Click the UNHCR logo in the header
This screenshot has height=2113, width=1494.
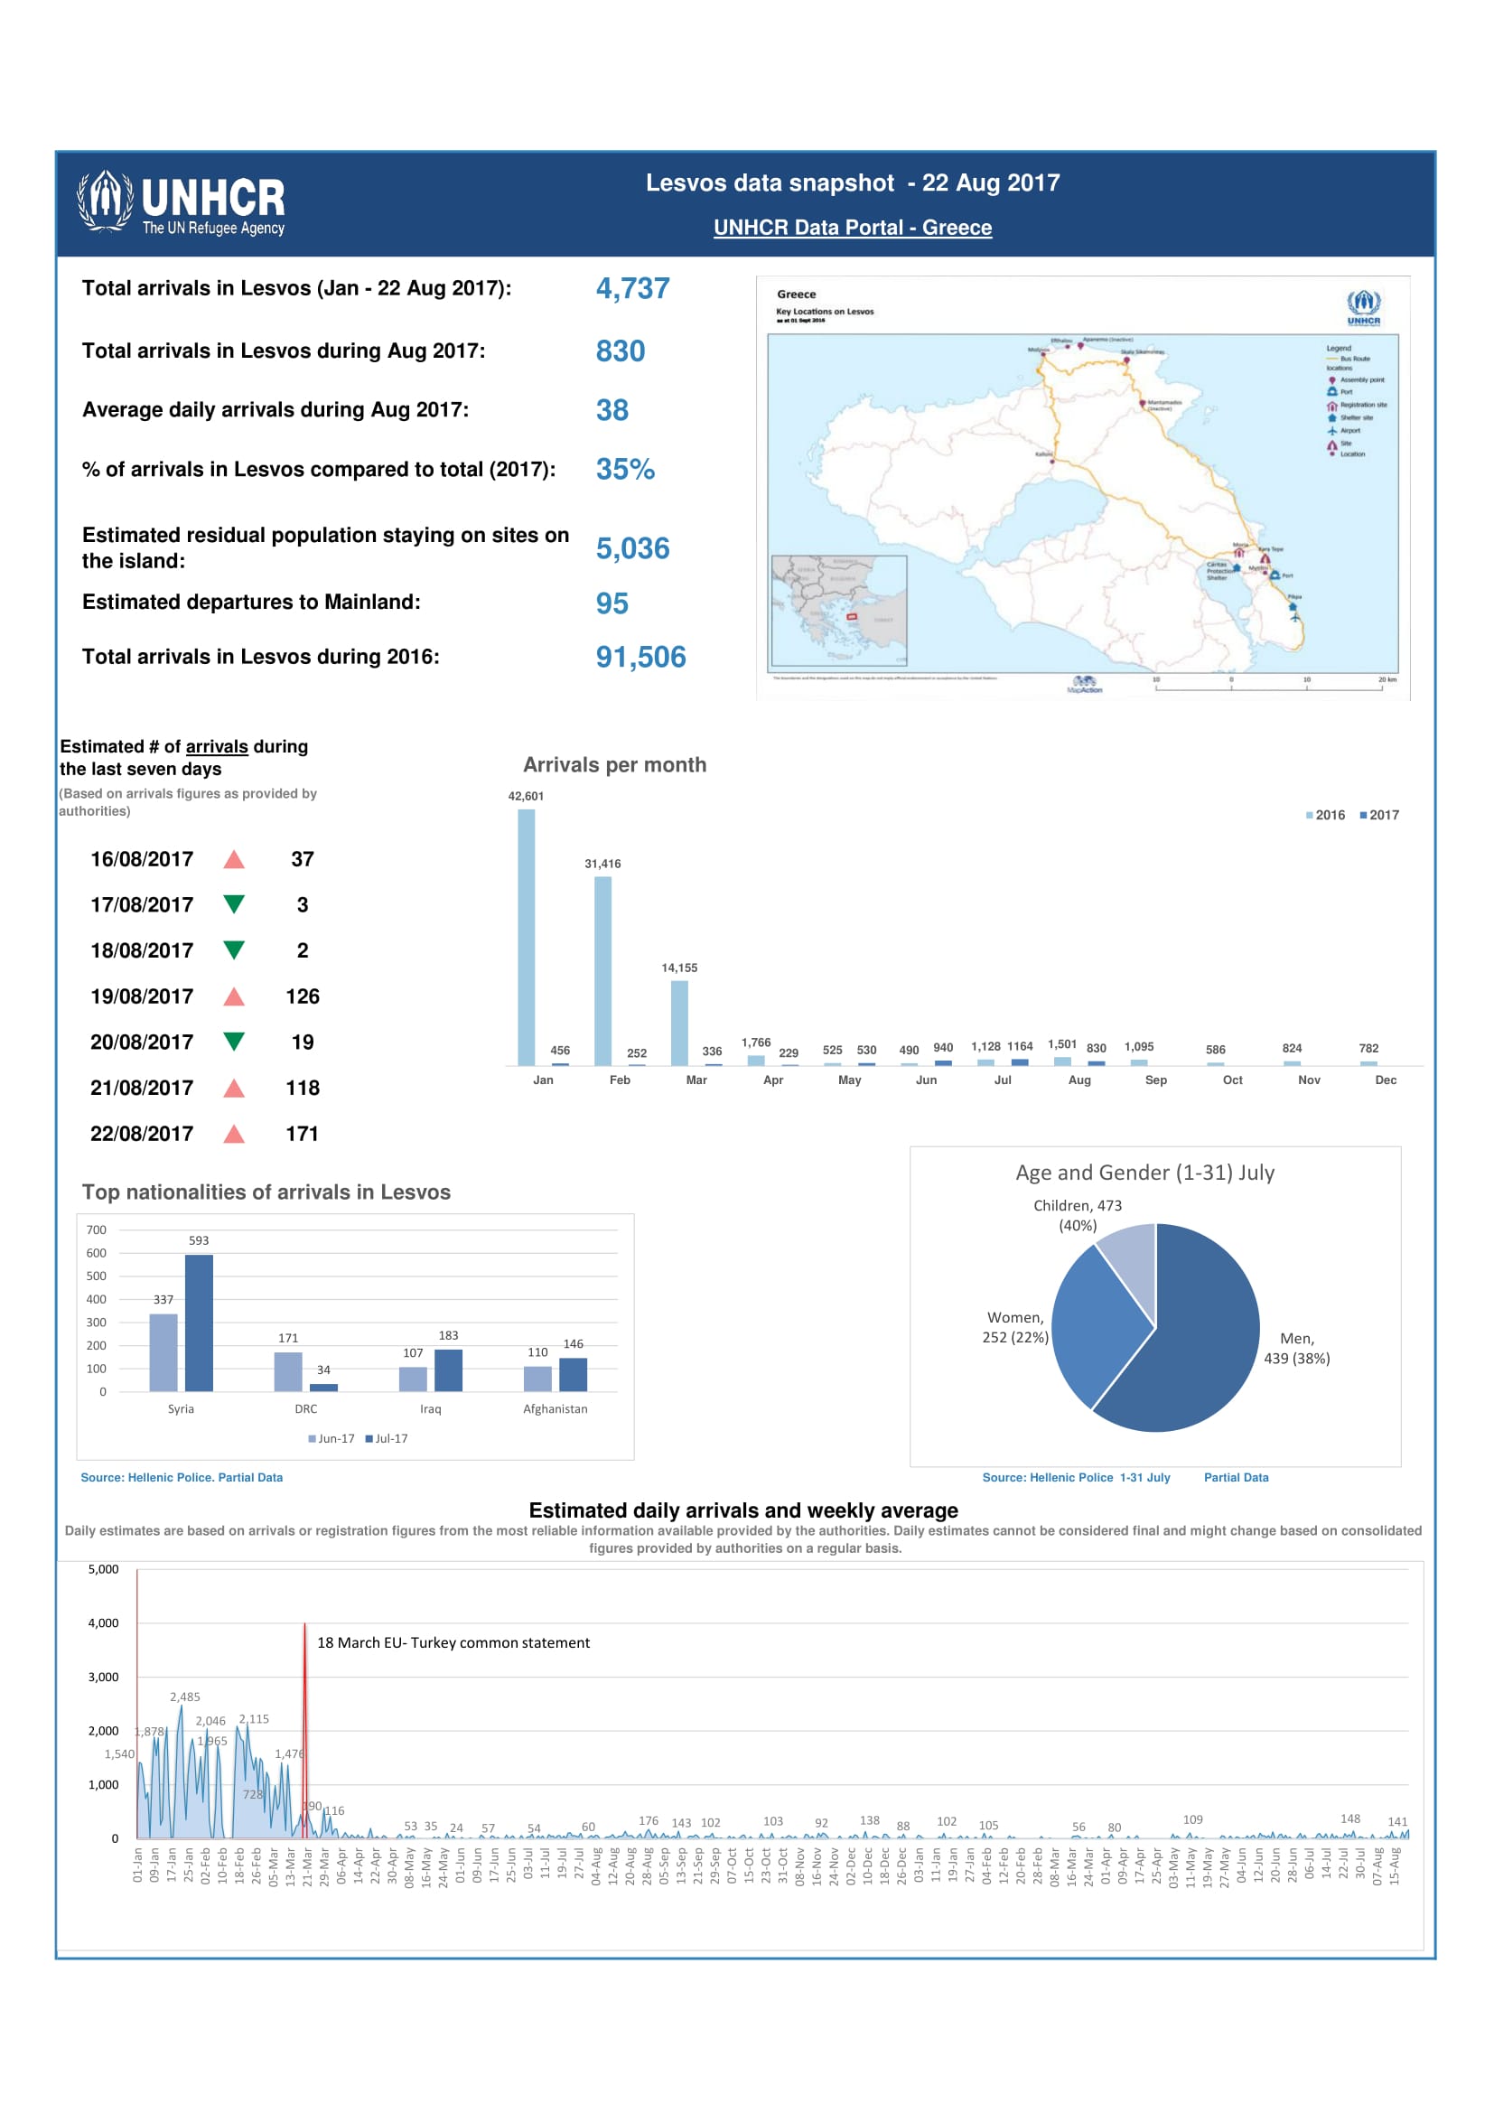181,202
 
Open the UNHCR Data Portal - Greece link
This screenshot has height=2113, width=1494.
852,228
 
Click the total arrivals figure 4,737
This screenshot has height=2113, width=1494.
632,288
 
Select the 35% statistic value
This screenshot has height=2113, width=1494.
625,470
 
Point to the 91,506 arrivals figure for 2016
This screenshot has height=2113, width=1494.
640,657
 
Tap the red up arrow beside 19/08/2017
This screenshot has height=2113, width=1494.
235,996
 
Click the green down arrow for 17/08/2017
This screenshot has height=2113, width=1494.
235,904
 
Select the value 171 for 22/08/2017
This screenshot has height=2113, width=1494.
302,1134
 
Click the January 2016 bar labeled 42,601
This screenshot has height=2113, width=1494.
527,937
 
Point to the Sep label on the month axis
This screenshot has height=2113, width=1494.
1155,1080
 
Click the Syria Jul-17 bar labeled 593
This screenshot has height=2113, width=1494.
199,1323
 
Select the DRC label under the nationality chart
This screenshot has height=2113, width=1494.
305,1409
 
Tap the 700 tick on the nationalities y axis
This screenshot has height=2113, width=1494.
97,1229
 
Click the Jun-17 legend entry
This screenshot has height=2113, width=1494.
331,1438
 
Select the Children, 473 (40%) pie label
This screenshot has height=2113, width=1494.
1077,1215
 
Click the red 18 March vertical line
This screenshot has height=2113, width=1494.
304,1730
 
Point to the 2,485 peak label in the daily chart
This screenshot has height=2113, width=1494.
185,1697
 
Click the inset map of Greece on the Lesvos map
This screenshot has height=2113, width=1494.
838,609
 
